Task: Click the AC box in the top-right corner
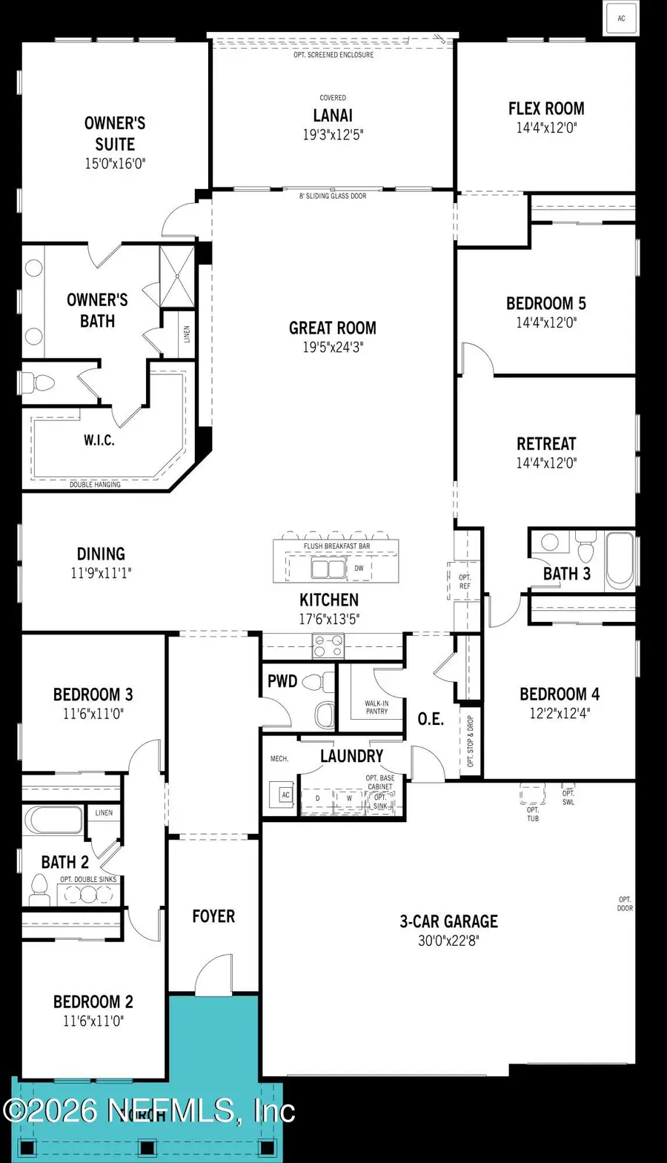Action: tap(621, 19)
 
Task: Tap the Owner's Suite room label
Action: tap(115, 133)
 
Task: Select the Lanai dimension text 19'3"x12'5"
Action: tap(333, 135)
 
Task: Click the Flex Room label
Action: tap(546, 108)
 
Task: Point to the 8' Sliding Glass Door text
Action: tap(333, 196)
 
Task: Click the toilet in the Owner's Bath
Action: tap(41, 383)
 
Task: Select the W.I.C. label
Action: tap(99, 440)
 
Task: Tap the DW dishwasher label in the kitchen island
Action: tap(359, 569)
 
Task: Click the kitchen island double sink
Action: tap(328, 569)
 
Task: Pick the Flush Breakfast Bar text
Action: tap(336, 546)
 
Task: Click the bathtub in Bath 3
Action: tap(619, 560)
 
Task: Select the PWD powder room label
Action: tap(282, 681)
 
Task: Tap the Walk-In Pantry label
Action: tap(376, 707)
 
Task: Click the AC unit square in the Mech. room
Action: tap(285, 795)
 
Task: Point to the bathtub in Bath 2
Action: tap(54, 821)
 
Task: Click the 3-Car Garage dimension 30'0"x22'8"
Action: tap(448, 941)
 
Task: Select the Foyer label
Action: tap(213, 916)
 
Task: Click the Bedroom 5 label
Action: tap(546, 303)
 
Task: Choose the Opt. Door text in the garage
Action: tap(625, 904)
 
